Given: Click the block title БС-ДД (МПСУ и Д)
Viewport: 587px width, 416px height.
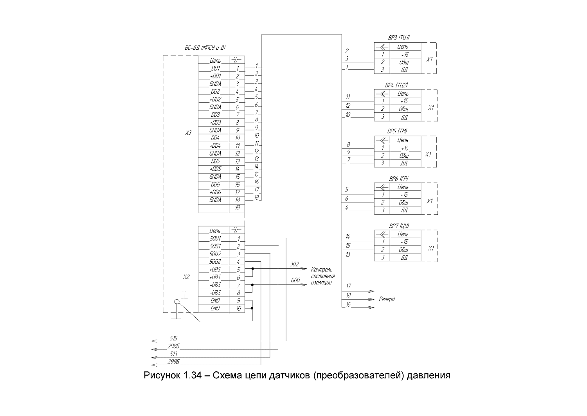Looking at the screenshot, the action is [x=205, y=48].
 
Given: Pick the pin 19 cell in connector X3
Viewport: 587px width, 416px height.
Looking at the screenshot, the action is [x=237, y=208].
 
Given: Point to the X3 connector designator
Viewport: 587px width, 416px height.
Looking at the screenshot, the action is [x=188, y=133].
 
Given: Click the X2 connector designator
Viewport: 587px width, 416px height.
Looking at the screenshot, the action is [x=186, y=277].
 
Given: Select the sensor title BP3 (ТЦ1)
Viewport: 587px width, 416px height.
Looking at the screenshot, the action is [x=399, y=38].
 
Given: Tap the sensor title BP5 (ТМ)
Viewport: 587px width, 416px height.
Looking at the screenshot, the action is [x=397, y=131].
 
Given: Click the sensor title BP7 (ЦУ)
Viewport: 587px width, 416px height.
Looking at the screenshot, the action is [x=399, y=226].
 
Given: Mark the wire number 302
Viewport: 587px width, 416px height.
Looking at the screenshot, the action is [x=294, y=264].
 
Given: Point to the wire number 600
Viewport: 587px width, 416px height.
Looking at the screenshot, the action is [x=295, y=280].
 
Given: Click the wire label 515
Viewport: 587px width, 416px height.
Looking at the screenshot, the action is [x=173, y=338].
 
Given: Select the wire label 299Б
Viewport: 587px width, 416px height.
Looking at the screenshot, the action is [x=173, y=362].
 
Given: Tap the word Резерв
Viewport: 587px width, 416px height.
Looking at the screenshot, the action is [x=387, y=299].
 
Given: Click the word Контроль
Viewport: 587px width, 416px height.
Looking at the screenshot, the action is [x=322, y=270].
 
